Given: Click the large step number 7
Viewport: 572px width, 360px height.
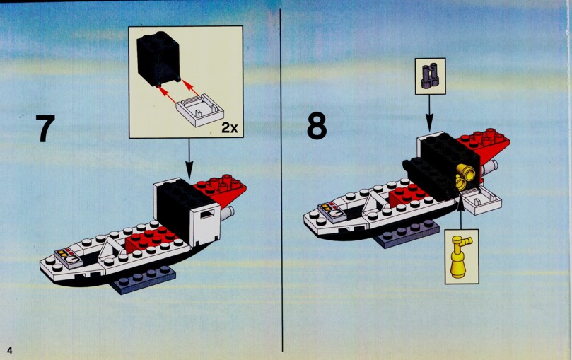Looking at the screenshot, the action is pyautogui.click(x=45, y=128).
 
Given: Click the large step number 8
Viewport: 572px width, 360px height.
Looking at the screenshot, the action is pyautogui.click(x=317, y=125).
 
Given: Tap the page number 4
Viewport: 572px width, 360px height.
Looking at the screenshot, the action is pyautogui.click(x=9, y=351).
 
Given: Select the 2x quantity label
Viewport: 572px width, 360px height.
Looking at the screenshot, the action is pyautogui.click(x=230, y=127).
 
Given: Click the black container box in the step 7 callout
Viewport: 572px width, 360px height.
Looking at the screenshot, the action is pyautogui.click(x=158, y=59).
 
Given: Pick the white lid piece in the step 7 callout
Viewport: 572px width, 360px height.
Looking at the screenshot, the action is pyautogui.click(x=199, y=110).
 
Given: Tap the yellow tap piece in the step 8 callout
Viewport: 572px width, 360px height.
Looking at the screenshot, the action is pyautogui.click(x=460, y=257).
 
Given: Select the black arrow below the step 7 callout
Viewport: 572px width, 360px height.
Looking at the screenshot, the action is pyautogui.click(x=189, y=158).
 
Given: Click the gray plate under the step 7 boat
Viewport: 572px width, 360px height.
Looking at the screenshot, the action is pyautogui.click(x=145, y=279).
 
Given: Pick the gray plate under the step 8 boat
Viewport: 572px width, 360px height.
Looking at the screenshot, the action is pyautogui.click(x=408, y=233).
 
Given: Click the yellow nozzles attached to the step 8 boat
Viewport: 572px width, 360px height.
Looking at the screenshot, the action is pyautogui.click(x=465, y=177).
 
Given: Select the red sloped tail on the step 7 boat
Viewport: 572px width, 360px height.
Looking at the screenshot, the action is pyautogui.click(x=221, y=190).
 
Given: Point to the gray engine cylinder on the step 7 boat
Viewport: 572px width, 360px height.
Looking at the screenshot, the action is pyautogui.click(x=227, y=213).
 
